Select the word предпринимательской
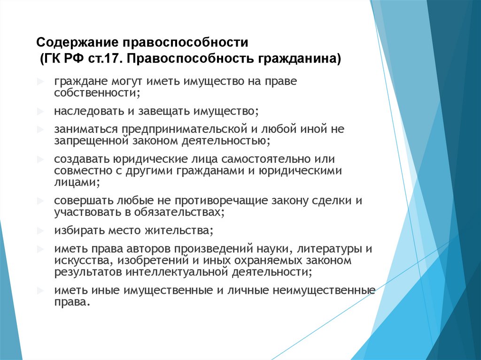pyautogui.click(x=184, y=129)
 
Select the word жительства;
pyautogui.click(x=177, y=230)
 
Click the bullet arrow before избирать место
pyautogui.click(x=41, y=230)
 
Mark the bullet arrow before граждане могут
pyautogui.click(x=41, y=81)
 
